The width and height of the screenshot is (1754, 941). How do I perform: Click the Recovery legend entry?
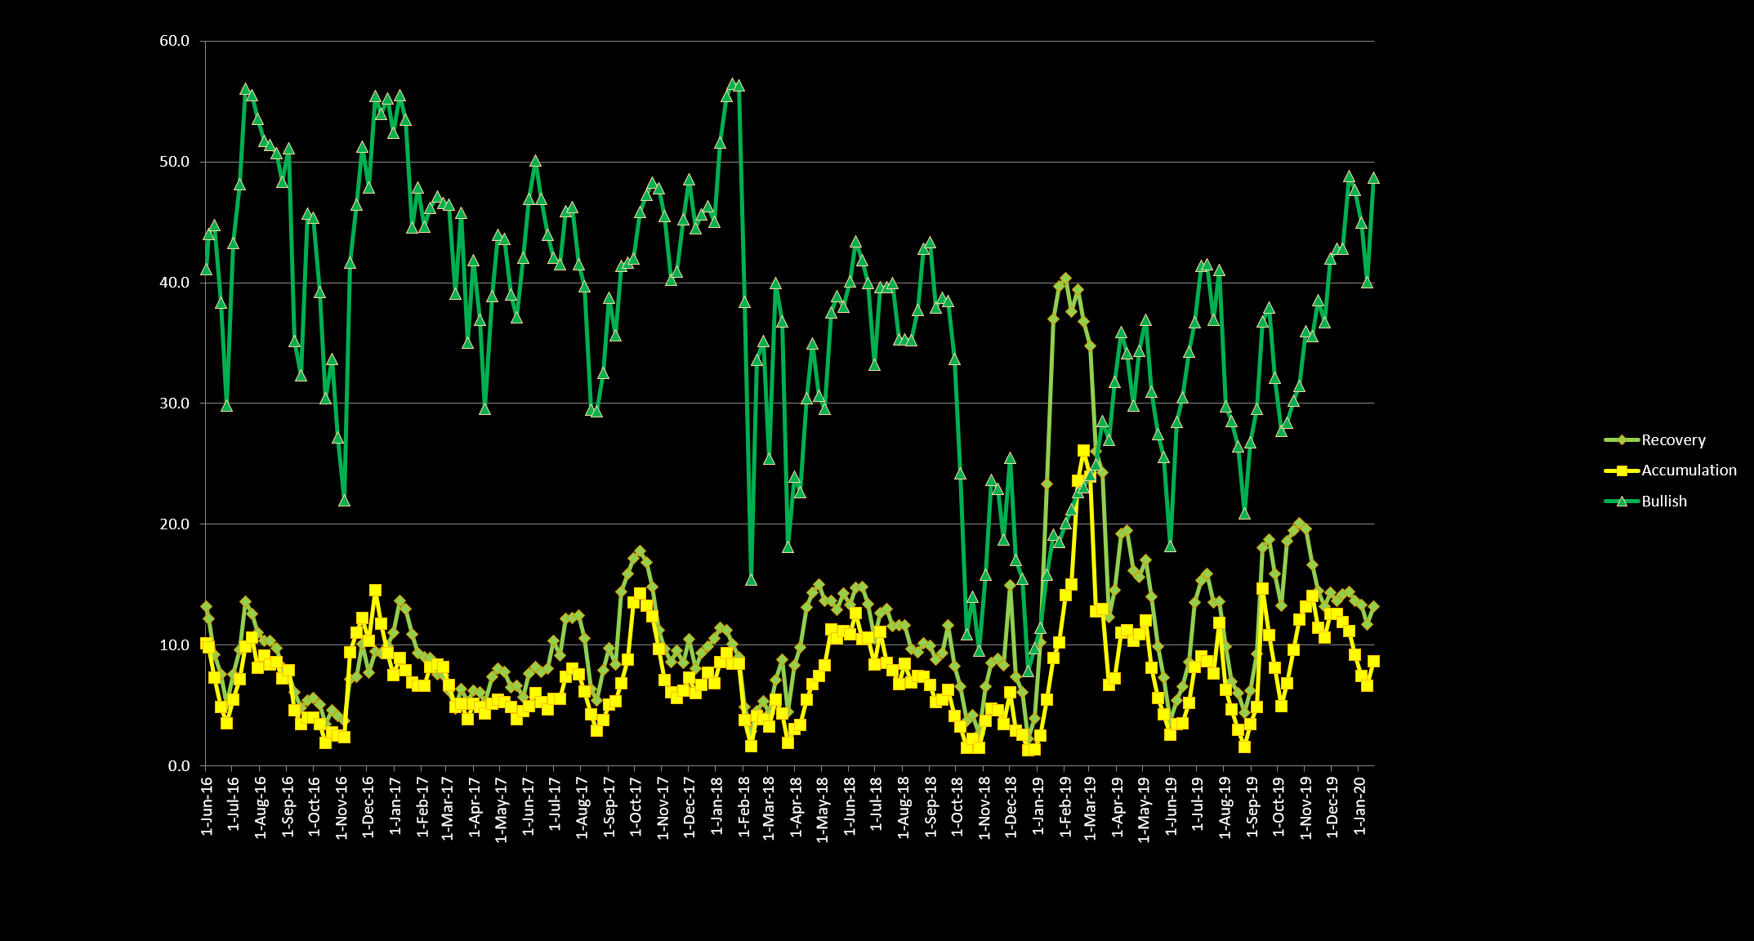click(x=1672, y=440)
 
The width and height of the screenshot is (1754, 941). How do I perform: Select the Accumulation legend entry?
click(x=1688, y=470)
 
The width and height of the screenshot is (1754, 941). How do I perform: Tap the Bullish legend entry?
click(x=1663, y=502)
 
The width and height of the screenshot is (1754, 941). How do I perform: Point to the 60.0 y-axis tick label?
click(x=174, y=41)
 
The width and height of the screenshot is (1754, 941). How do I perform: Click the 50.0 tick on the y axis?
click(x=174, y=162)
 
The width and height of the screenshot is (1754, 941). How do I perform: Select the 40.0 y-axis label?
click(x=174, y=283)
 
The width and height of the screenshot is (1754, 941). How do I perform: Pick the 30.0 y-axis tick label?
click(x=174, y=404)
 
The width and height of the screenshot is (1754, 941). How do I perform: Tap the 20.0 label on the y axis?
click(x=174, y=524)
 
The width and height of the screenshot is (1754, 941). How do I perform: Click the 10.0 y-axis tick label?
click(x=174, y=645)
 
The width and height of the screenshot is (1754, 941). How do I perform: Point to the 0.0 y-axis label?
click(x=178, y=766)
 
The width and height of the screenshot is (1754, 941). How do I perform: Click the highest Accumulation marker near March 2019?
click(x=1083, y=451)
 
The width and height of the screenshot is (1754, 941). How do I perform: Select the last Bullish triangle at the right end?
click(x=1373, y=178)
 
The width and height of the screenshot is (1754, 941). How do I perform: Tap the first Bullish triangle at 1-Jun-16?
click(x=206, y=270)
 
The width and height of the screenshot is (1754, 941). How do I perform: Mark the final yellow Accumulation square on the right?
click(x=1373, y=662)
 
